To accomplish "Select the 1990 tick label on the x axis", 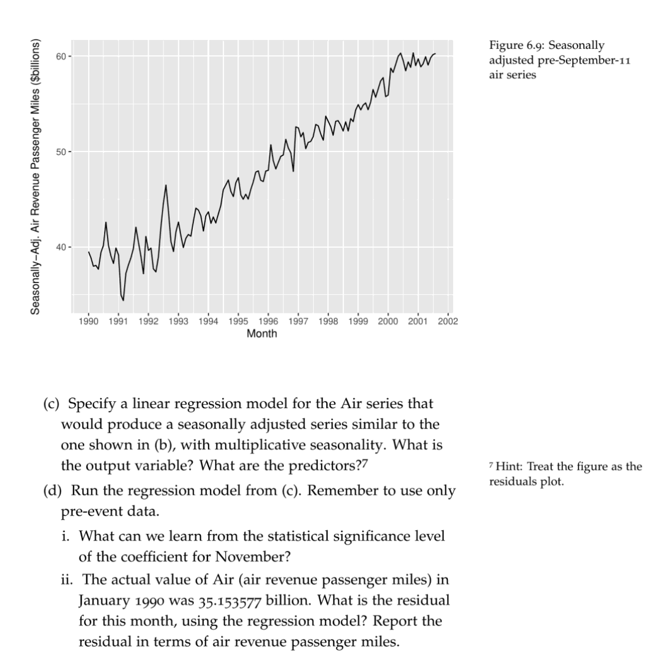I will [89, 322].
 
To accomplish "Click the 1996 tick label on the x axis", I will [269, 322].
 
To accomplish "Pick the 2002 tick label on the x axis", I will [448, 322].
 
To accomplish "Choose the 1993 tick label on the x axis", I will [179, 322].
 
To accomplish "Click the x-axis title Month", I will [262, 334].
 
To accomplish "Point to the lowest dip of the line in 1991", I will [123, 300].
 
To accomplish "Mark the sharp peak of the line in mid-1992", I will [166, 186].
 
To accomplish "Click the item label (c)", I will [53, 404].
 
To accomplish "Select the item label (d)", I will [53, 491].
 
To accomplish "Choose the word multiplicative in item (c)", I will [236, 445].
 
